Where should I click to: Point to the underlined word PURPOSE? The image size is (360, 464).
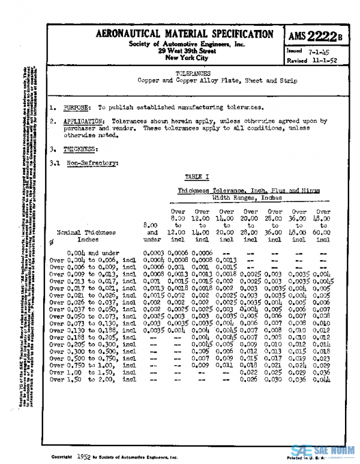tap(78, 108)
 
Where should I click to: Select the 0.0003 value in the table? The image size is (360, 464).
tap(155, 253)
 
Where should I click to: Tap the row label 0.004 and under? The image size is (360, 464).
tap(91, 253)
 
